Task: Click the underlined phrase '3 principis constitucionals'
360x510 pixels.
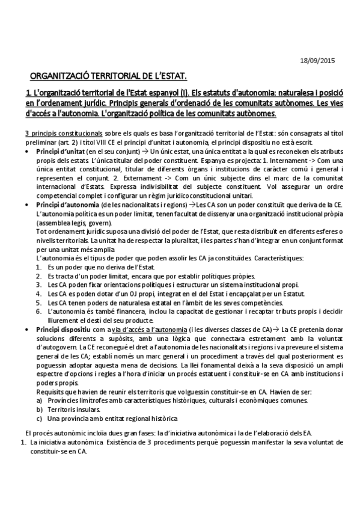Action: pyautogui.click(x=59, y=132)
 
